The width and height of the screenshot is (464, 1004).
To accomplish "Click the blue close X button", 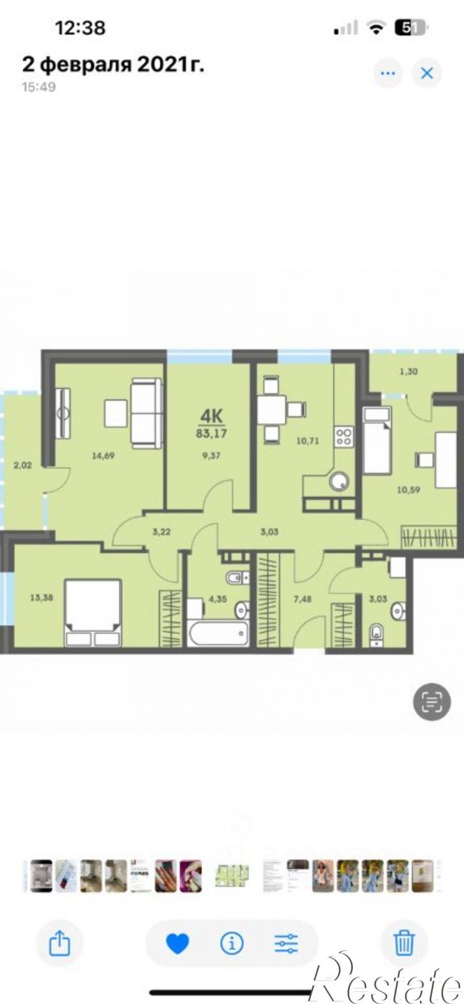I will [x=427, y=73].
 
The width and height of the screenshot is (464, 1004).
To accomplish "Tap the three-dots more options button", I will [x=388, y=73].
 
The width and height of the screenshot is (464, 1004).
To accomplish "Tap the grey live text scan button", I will [x=432, y=702].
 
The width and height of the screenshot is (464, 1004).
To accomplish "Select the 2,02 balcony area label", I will [x=22, y=466].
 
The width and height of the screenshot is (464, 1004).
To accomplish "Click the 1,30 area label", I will [x=408, y=371].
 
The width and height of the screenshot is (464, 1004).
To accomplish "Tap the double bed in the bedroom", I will [x=92, y=612].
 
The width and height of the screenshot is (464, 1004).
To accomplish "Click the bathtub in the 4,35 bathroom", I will [x=218, y=633].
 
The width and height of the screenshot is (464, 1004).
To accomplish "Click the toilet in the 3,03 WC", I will [x=376, y=633].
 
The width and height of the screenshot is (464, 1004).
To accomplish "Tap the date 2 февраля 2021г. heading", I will [x=114, y=65].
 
